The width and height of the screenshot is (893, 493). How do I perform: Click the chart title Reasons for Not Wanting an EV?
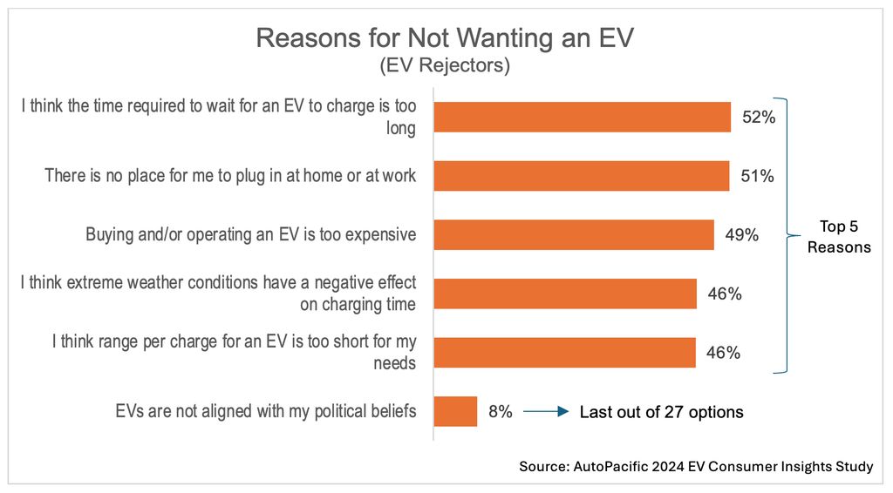(x=445, y=37)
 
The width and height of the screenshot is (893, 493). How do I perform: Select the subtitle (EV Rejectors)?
(x=445, y=65)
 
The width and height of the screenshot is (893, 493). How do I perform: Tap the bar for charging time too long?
(x=582, y=117)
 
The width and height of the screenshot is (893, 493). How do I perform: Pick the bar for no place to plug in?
(x=581, y=176)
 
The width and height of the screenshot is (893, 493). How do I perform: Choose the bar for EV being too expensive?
(x=573, y=235)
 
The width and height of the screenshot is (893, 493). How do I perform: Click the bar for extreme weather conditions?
(x=564, y=294)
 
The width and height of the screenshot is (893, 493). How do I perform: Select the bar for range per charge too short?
(x=564, y=353)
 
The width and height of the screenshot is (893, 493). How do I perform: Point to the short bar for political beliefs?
(x=455, y=411)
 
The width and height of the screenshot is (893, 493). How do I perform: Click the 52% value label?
(x=759, y=117)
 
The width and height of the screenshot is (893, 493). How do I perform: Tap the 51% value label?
(x=757, y=176)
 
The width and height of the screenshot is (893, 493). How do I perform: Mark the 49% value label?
(x=741, y=235)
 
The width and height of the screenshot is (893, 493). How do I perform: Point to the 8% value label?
(x=501, y=411)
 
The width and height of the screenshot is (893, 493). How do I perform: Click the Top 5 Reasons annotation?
(x=838, y=236)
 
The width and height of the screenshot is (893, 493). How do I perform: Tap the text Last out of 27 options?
(x=661, y=412)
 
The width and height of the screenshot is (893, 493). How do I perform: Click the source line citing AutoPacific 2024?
(x=695, y=467)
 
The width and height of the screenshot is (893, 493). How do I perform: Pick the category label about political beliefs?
(x=266, y=411)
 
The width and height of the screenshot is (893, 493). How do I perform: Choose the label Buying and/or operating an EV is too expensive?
(x=251, y=235)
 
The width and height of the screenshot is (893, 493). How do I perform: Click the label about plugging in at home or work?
(x=231, y=176)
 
